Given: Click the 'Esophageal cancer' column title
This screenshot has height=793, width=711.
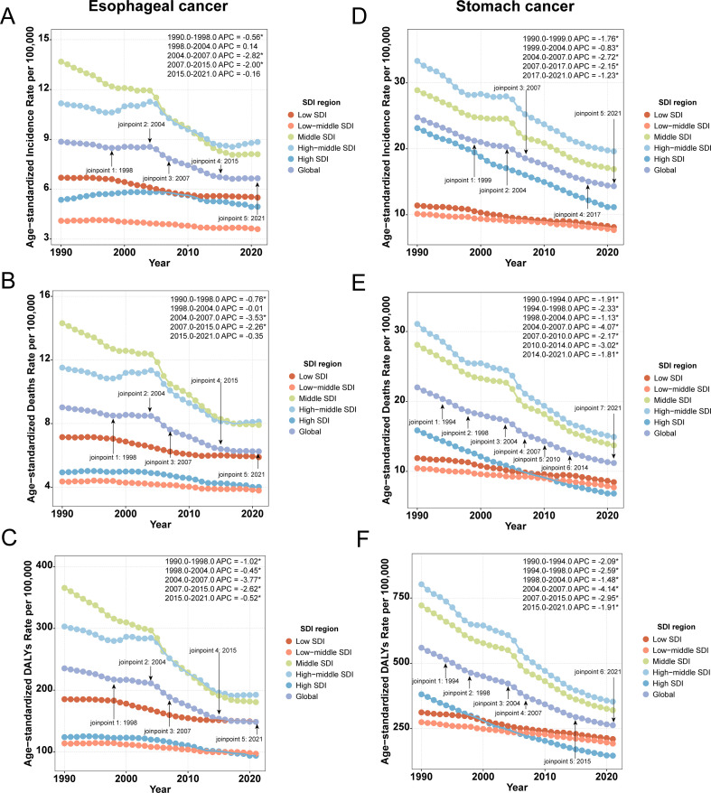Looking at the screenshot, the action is (158, 6).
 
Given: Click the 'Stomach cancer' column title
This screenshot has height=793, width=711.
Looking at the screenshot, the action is (515, 6).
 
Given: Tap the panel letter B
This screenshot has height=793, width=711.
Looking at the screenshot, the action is (8, 281).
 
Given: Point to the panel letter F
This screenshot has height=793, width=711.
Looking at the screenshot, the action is (362, 539).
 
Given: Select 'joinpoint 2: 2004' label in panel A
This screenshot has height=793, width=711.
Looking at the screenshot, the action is (142, 125).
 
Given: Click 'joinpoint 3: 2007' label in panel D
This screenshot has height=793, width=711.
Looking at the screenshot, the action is (517, 88).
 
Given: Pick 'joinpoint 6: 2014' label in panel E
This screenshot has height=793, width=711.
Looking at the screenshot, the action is (565, 468).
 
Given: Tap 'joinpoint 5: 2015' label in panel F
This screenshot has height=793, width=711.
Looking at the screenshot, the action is (567, 761).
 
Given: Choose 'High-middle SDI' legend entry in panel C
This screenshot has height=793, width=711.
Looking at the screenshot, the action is (319, 674).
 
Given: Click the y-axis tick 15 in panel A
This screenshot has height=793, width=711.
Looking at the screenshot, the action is (44, 39).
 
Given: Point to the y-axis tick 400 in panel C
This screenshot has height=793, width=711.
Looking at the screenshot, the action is (44, 564).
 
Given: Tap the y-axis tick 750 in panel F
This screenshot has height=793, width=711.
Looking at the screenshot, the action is (401, 597).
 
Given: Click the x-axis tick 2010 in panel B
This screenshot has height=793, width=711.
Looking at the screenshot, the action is (189, 513).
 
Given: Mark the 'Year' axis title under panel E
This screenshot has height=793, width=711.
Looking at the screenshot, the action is (515, 526).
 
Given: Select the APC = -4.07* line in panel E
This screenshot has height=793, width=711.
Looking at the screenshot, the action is (570, 327).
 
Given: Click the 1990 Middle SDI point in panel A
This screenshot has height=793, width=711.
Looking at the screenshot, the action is (61, 61).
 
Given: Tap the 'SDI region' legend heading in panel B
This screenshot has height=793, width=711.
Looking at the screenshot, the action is (323, 364).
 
